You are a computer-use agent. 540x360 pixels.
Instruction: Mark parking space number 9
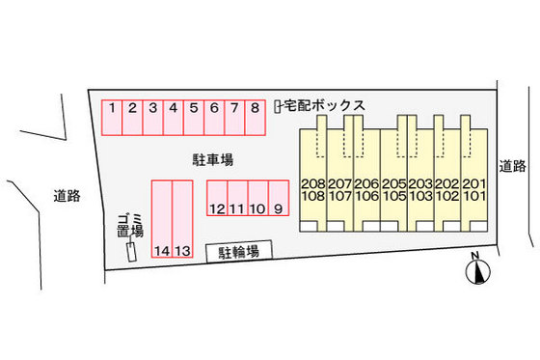pos(278,198)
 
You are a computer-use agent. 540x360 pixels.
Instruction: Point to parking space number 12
pos(216,198)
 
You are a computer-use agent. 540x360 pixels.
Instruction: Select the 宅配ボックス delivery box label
pos(324,105)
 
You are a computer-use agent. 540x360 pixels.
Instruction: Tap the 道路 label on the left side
pos(67,196)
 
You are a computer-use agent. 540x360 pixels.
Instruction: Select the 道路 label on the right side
pos(513,166)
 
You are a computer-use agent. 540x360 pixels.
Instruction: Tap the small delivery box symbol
pos(277,105)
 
